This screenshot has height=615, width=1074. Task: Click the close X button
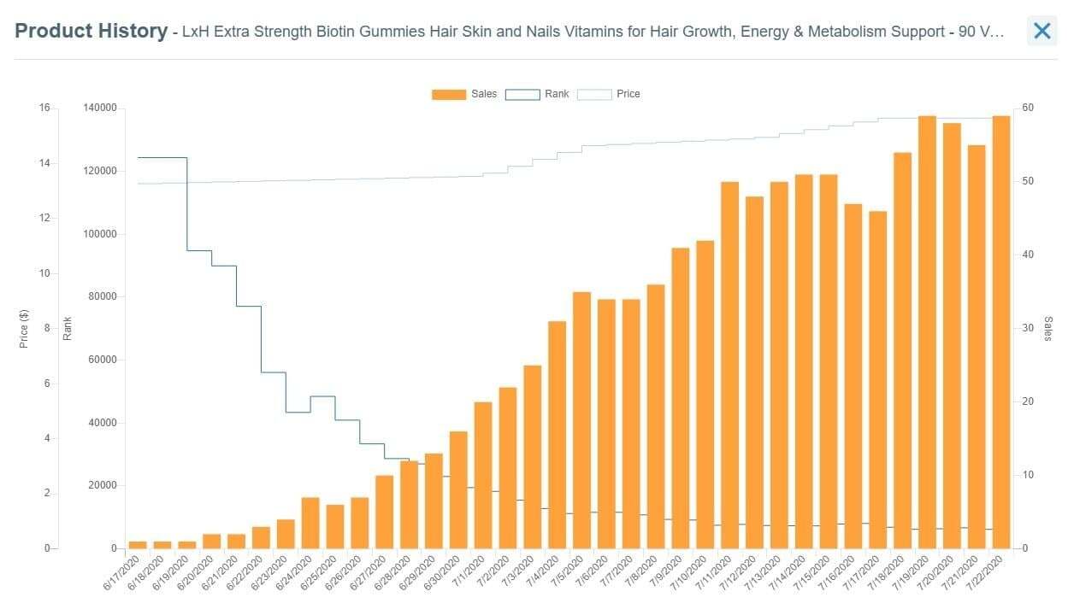click(x=1042, y=32)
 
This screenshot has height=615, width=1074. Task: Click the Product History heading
click(x=91, y=32)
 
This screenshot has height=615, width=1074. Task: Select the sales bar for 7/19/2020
click(x=927, y=332)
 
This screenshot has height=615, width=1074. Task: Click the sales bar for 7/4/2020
click(x=557, y=435)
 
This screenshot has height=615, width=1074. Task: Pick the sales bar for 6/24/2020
click(x=310, y=523)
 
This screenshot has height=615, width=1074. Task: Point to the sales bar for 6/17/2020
click(x=138, y=545)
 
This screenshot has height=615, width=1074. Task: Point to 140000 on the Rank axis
click(x=100, y=108)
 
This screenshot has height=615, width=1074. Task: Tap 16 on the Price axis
click(x=44, y=108)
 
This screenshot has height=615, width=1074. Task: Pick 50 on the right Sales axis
click(x=1029, y=181)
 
